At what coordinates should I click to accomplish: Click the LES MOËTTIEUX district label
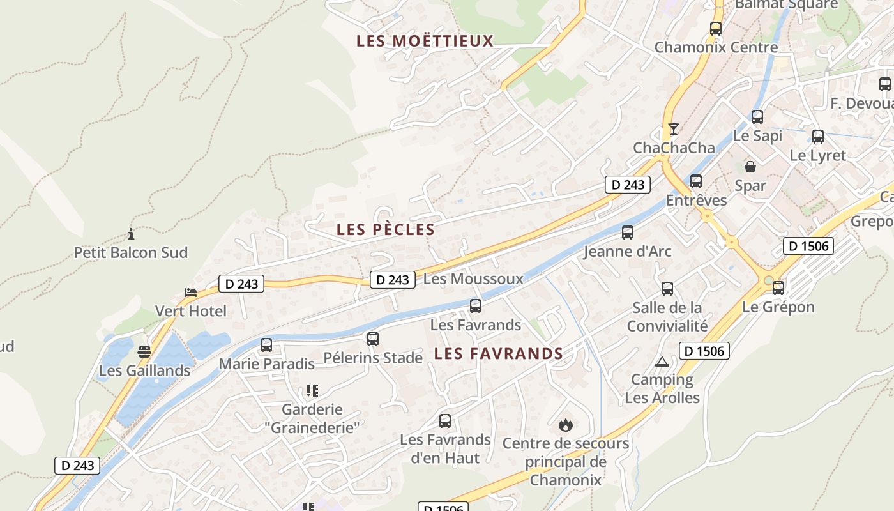(425, 41)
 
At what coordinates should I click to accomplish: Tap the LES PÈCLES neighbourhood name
(386, 229)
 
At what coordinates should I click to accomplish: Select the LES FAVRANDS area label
(498, 353)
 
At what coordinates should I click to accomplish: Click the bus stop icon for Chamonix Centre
(715, 29)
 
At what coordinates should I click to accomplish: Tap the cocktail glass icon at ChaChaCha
(673, 129)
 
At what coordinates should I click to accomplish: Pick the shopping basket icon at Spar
(750, 167)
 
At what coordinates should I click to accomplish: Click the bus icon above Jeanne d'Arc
(628, 233)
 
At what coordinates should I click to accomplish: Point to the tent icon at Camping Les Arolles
(662, 362)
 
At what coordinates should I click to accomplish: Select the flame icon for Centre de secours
(565, 425)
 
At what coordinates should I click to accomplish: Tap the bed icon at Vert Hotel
(191, 293)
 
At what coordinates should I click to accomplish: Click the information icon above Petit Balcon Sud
(131, 234)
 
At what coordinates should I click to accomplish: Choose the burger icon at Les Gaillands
(144, 352)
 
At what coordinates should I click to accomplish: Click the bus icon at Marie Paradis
(266, 345)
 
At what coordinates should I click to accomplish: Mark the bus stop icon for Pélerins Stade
(373, 339)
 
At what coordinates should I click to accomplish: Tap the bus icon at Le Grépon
(778, 288)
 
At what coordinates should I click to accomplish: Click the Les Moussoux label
(473, 278)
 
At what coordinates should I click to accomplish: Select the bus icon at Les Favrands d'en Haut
(445, 421)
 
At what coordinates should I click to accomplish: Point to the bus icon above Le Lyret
(817, 137)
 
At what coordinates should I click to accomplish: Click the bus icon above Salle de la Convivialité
(667, 289)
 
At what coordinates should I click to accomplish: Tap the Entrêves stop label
(696, 200)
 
